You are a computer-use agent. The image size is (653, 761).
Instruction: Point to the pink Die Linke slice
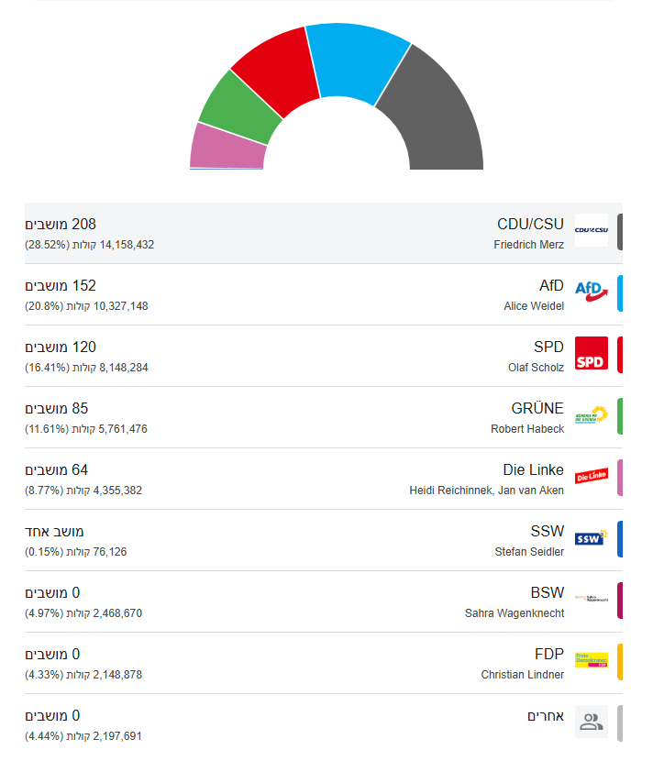[225, 149]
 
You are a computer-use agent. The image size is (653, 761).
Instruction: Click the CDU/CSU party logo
[592, 230]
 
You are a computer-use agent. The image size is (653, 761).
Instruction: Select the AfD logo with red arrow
[592, 292]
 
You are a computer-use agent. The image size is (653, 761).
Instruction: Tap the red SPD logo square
[592, 353]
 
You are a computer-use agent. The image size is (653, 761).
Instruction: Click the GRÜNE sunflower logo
[592, 414]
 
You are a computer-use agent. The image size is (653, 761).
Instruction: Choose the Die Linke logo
[592, 476]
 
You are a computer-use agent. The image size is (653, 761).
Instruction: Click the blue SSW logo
[592, 537]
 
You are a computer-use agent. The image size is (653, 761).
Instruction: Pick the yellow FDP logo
[592, 660]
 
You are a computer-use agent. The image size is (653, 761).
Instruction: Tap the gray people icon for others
[592, 722]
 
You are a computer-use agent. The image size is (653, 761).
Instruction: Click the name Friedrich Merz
[528, 245]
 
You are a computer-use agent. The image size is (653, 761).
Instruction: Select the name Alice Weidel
[534, 306]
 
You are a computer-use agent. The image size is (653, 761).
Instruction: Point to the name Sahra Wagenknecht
[515, 613]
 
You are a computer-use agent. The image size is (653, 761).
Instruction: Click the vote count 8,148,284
[120, 368]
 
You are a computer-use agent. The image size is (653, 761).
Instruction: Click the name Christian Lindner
[523, 675]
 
